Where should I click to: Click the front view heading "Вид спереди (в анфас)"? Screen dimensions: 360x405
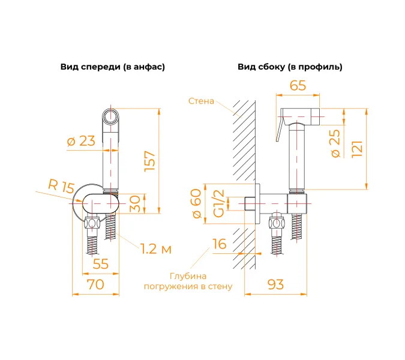point(112,67)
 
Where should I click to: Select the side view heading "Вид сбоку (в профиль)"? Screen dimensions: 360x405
point(290,67)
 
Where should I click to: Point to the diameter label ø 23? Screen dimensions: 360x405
point(81,141)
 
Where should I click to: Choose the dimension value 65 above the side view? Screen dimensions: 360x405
point(298,86)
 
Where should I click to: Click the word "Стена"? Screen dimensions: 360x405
point(200,101)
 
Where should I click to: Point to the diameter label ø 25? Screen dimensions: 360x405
point(337,143)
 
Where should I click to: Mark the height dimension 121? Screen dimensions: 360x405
point(358,147)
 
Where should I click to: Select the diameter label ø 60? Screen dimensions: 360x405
point(196,204)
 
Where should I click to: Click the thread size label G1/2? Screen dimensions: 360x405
point(220,203)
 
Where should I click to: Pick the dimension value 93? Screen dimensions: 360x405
point(275,284)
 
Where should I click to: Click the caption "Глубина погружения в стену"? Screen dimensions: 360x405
point(187,281)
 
